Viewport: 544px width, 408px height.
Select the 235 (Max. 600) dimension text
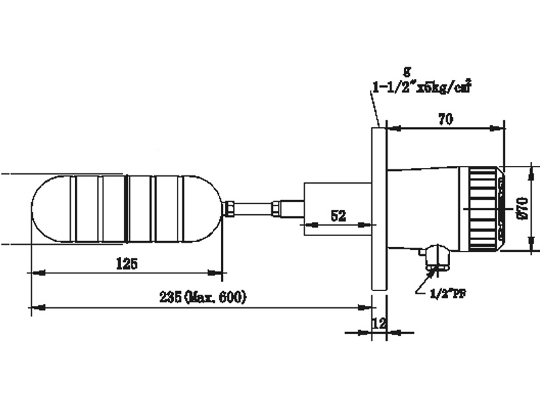coord(203,297)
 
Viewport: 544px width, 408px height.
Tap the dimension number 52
coord(339,216)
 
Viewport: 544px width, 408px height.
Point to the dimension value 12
coord(379,324)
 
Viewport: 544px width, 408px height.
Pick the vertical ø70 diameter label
coord(522,207)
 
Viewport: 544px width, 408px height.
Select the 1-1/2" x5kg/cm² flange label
coord(422,87)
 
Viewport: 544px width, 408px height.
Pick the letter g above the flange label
coord(407,70)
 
